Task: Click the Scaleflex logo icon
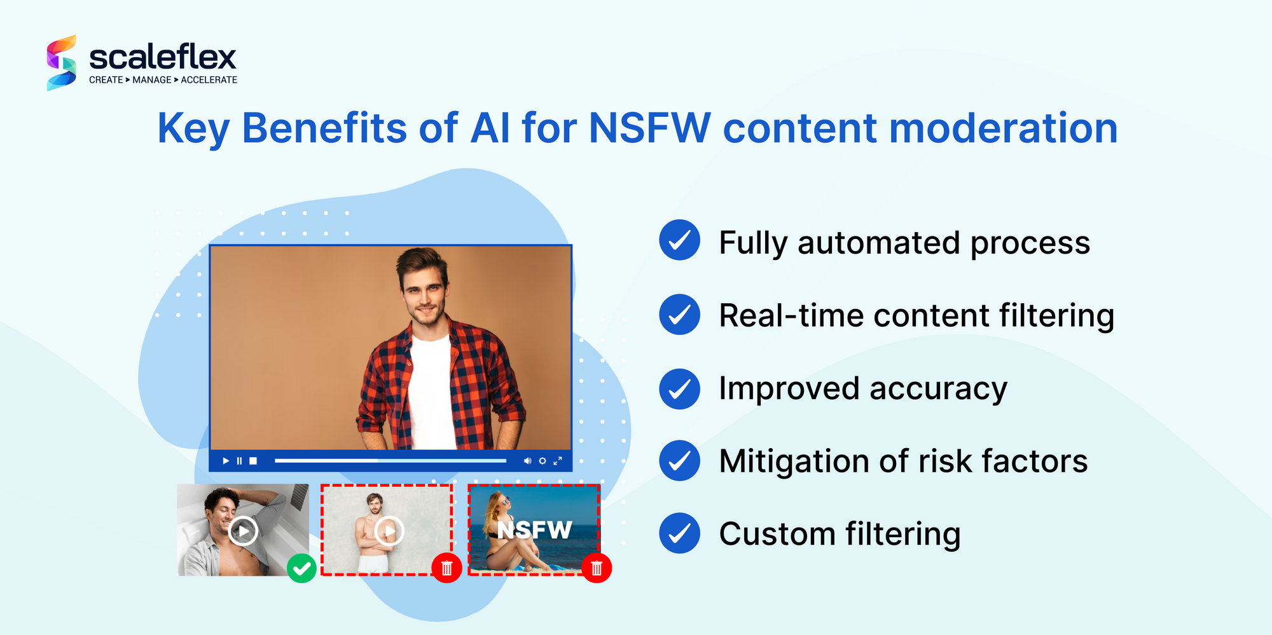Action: click(61, 63)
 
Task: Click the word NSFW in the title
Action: click(649, 128)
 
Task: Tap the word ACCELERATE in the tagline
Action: click(209, 80)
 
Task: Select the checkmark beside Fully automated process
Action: click(679, 240)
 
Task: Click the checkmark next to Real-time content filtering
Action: click(679, 314)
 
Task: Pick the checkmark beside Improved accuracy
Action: click(679, 388)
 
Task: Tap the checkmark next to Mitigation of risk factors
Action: click(679, 460)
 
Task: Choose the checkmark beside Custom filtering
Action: click(679, 533)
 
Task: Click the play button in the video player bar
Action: click(226, 461)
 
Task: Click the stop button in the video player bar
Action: click(253, 461)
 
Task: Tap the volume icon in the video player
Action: click(527, 461)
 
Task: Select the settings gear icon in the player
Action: click(543, 461)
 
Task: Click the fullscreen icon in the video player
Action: click(558, 461)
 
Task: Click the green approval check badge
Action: click(301, 568)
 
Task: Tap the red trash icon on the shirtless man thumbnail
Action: click(446, 568)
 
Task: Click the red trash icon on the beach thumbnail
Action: click(597, 568)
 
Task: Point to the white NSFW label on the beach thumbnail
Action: click(534, 529)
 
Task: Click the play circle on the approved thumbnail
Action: click(243, 531)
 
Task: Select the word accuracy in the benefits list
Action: click(938, 388)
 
